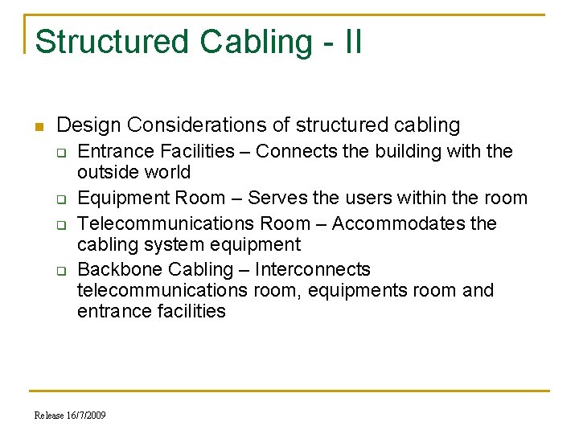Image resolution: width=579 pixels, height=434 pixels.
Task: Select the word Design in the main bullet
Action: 89,125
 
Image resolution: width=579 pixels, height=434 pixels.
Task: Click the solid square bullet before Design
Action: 38,126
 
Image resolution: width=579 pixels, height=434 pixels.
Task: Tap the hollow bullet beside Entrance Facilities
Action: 60,152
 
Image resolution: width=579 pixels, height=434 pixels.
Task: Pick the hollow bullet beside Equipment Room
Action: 60,199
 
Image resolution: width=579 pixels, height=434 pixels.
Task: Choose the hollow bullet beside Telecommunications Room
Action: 60,224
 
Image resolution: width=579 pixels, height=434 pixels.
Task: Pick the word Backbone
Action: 117,270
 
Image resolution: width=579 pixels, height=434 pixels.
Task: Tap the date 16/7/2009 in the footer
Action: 84,415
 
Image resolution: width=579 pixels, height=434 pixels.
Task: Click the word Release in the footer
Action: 47,415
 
